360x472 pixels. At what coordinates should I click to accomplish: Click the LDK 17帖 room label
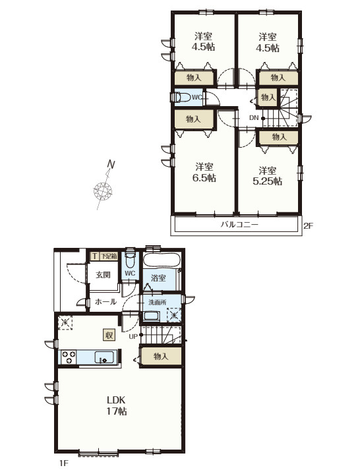click(117, 405)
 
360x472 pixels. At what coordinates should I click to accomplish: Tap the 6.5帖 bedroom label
click(204, 172)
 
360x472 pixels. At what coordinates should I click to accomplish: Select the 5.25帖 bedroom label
click(267, 176)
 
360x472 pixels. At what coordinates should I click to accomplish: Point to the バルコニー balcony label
click(239, 225)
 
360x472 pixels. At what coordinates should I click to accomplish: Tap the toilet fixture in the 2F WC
click(181, 98)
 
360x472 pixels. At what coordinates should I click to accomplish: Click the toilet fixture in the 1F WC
click(130, 258)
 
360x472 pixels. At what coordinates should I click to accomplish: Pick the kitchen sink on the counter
click(104, 357)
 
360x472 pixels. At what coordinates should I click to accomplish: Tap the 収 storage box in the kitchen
click(109, 334)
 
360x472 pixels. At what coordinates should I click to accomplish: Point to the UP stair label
click(133, 336)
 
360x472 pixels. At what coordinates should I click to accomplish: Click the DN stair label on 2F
click(254, 118)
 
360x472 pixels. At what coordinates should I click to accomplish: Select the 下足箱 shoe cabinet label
click(108, 256)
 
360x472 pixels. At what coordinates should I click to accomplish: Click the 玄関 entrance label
click(104, 274)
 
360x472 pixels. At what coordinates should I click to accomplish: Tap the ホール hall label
click(105, 301)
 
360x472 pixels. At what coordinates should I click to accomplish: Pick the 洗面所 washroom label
click(158, 302)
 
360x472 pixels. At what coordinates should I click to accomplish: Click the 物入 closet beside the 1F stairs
click(161, 357)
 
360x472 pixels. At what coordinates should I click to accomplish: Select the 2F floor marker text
click(308, 225)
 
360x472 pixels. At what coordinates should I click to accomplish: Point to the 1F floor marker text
click(64, 463)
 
